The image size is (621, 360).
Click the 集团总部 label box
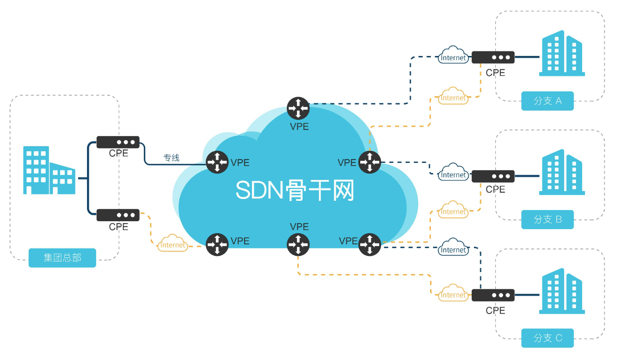(x=62, y=258)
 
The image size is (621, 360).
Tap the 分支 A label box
(x=547, y=101)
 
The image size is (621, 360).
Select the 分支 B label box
(x=547, y=219)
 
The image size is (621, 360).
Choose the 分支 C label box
(x=547, y=338)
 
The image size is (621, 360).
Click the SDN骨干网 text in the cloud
(x=295, y=190)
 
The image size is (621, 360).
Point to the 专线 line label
(x=171, y=158)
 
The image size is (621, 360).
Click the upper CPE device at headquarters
(x=118, y=142)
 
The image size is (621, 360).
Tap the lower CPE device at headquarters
(x=118, y=215)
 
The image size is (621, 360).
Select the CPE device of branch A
(x=493, y=57)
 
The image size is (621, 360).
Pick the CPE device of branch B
(x=493, y=176)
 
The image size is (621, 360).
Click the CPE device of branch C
(x=493, y=295)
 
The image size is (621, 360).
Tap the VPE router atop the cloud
(x=298, y=108)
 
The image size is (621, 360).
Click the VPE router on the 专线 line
(x=217, y=162)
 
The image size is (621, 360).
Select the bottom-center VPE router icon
(x=298, y=245)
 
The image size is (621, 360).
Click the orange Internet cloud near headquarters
(x=172, y=244)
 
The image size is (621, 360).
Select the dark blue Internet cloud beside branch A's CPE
(x=453, y=56)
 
